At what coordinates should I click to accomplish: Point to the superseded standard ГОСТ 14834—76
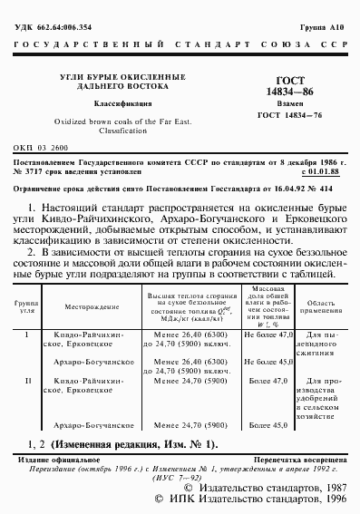tap(289, 113)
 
